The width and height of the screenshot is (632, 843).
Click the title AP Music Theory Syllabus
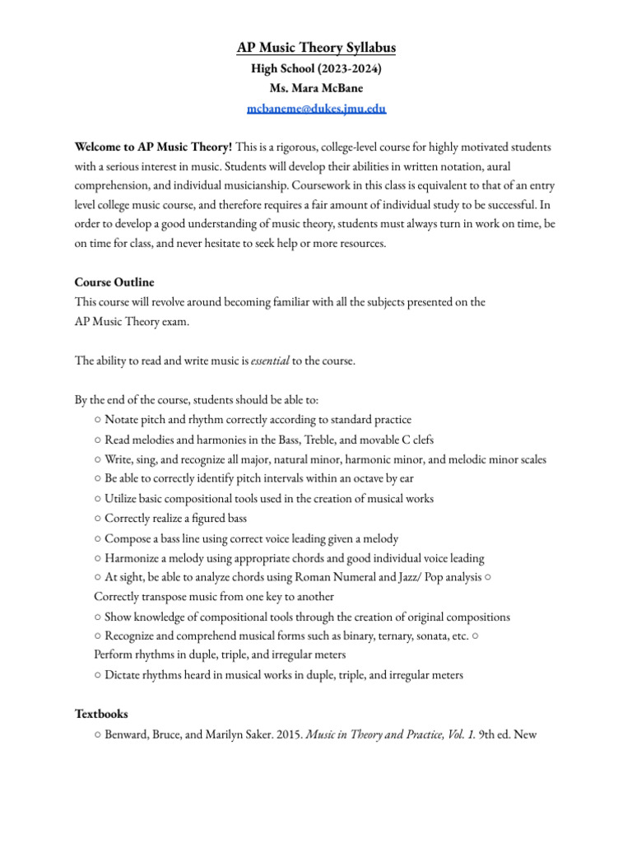tap(316, 49)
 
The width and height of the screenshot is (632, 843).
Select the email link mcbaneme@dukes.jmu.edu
tap(316, 108)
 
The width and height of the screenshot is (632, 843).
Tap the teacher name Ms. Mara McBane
tap(316, 88)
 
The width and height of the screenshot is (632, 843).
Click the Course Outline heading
tap(114, 282)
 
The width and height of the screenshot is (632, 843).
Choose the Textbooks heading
tap(101, 714)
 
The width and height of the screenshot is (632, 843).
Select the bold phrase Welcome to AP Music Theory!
tap(153, 147)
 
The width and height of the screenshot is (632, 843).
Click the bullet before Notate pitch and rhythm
tap(98, 420)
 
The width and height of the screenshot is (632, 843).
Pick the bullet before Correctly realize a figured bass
tap(98, 519)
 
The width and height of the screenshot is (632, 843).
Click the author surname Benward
tap(128, 734)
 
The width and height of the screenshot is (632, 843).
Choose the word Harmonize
tap(132, 558)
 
